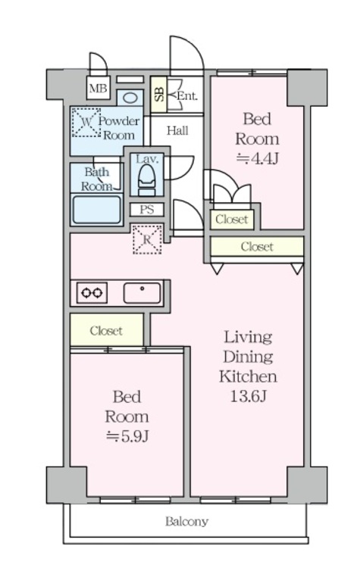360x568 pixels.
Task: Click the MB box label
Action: click(x=97, y=89)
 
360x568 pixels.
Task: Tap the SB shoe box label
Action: click(x=159, y=95)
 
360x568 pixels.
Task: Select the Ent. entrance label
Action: click(x=186, y=95)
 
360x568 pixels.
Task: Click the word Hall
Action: click(x=177, y=131)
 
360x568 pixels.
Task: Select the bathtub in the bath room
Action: click(x=96, y=209)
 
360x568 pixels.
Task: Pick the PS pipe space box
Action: click(x=146, y=210)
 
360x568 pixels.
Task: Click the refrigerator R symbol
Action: click(x=146, y=239)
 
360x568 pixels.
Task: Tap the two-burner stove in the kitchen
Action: click(x=91, y=293)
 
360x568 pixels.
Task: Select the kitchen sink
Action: click(x=142, y=292)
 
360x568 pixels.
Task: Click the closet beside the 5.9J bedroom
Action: click(x=106, y=331)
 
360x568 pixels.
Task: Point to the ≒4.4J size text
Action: click(x=255, y=158)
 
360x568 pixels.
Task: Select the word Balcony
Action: click(x=186, y=522)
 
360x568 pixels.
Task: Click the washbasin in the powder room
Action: click(x=130, y=98)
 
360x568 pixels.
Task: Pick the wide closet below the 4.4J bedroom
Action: click(x=256, y=247)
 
